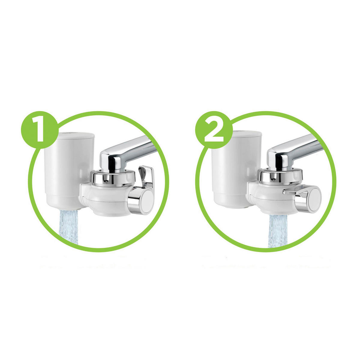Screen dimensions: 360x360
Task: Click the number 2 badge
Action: coord(214,130)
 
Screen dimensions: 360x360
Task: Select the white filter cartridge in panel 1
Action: coord(69,171)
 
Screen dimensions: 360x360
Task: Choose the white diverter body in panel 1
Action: coord(105,201)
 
